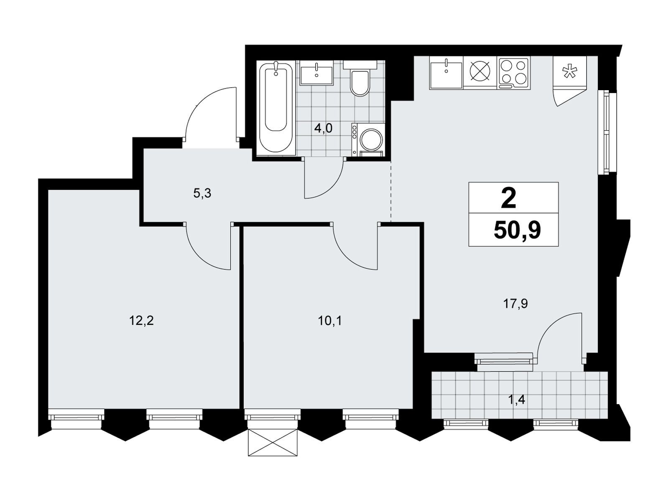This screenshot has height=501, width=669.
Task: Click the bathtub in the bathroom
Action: (x=276, y=108)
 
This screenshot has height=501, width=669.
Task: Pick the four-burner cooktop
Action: (x=513, y=72)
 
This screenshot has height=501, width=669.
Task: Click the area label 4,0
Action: (x=323, y=129)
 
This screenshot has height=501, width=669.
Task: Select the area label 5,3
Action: (x=202, y=193)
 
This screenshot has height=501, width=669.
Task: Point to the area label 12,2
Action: (x=141, y=321)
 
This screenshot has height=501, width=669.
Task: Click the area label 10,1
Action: (x=330, y=321)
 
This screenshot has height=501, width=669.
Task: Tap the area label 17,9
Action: (x=516, y=304)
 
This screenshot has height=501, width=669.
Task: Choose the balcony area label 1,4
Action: (x=517, y=400)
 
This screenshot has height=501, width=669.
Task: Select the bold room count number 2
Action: (x=508, y=198)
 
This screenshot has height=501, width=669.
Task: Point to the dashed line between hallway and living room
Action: (x=391, y=192)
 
